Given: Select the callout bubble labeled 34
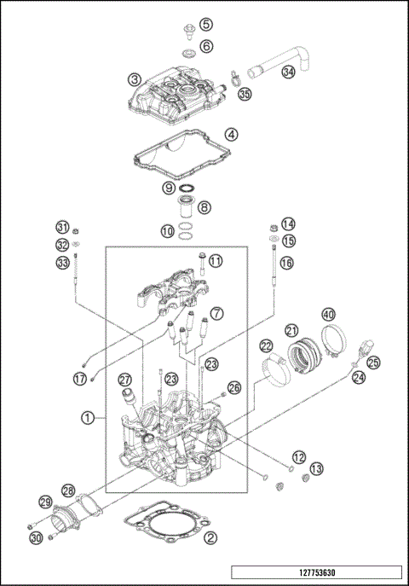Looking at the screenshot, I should (x=289, y=72).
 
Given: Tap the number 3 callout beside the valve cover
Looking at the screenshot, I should (x=135, y=79).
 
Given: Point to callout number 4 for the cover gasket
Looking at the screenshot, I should (x=232, y=135).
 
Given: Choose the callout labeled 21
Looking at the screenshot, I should (x=291, y=330).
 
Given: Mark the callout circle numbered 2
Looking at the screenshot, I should (x=210, y=537).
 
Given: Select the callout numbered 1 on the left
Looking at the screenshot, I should (x=87, y=418).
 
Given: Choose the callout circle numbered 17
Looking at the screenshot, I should (x=79, y=378).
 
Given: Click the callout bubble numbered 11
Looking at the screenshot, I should (x=216, y=260).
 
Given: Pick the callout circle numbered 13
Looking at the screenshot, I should (x=316, y=468).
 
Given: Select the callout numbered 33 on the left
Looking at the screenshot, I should (x=62, y=263).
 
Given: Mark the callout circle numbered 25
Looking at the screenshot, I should (x=373, y=362).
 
